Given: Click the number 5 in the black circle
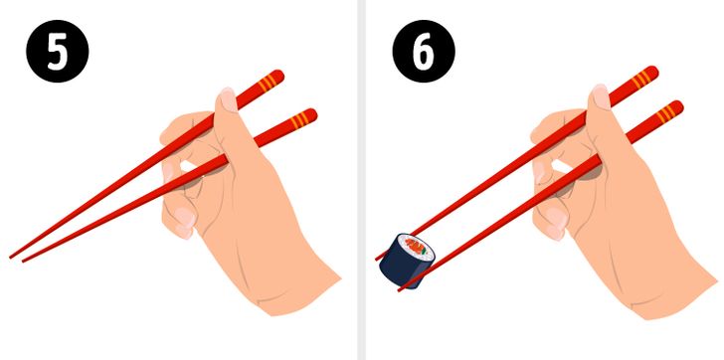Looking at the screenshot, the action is coord(58,52).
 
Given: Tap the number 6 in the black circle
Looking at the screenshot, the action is coord(424,52).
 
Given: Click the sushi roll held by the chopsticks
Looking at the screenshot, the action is coord(408,261).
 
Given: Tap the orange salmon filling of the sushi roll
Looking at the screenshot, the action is coord(416,247).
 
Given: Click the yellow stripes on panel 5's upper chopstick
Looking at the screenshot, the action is coord(268,83).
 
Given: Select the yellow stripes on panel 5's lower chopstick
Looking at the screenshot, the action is coord(300,119).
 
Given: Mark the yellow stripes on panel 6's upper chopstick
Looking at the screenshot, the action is coord(641,79).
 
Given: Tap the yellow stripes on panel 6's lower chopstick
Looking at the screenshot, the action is coord(666,113).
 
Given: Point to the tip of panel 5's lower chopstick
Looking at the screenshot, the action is coord(23,262).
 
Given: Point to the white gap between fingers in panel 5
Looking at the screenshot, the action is coord(188,165).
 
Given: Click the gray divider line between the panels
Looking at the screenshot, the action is coord(362,180).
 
